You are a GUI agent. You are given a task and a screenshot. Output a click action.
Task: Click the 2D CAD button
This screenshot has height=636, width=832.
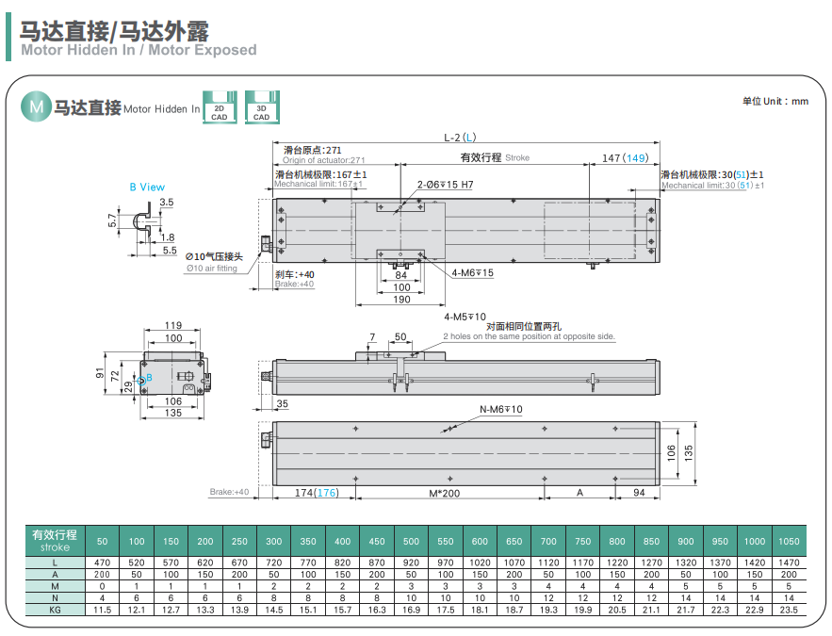tap(220, 106)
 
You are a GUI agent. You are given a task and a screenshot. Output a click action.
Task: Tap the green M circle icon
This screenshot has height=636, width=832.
tap(37, 107)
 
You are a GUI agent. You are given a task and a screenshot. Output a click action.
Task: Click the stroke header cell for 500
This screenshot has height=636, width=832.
tap(411, 542)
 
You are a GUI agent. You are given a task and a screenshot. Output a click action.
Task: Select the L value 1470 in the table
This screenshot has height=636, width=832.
tap(789, 563)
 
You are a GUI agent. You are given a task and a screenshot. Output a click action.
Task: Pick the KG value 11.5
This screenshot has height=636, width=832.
tap(103, 610)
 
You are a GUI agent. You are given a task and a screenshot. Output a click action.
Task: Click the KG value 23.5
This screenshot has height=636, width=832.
tap(789, 610)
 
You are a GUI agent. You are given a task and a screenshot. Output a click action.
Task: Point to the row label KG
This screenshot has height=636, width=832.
tap(56, 610)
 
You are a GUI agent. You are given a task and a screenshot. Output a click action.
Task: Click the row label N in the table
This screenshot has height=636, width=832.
tap(56, 597)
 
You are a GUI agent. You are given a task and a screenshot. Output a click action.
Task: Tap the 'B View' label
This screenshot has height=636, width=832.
tap(147, 187)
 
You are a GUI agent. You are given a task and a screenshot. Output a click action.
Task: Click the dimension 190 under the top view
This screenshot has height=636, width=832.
tap(401, 300)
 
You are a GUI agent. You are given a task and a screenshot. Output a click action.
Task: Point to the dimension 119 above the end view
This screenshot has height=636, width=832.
tap(173, 325)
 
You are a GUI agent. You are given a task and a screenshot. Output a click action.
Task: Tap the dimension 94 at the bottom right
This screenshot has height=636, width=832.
tap(637, 493)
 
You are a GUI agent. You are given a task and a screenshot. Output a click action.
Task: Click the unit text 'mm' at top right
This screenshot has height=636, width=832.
tap(800, 101)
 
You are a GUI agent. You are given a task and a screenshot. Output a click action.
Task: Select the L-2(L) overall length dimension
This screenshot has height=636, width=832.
tap(461, 138)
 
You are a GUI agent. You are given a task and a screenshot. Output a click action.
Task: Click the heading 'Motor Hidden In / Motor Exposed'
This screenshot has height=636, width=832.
tap(139, 50)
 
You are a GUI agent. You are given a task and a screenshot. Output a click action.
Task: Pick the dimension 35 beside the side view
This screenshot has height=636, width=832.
tap(282, 404)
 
